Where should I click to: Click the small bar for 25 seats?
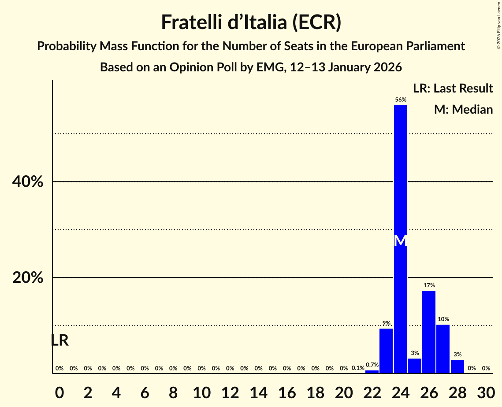coord(415,366)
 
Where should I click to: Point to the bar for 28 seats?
coord(457,367)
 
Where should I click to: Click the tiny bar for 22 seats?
coord(372,372)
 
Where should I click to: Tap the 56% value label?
coord(400,100)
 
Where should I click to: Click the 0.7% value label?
coord(372,365)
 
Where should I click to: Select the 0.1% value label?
coord(358,368)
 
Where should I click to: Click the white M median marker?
coord(400,240)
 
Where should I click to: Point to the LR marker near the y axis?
coord(59,340)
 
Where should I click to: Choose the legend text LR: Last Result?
coord(453,89)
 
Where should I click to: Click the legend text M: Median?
coord(463,110)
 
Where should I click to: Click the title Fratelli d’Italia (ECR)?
coord(251,22)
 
